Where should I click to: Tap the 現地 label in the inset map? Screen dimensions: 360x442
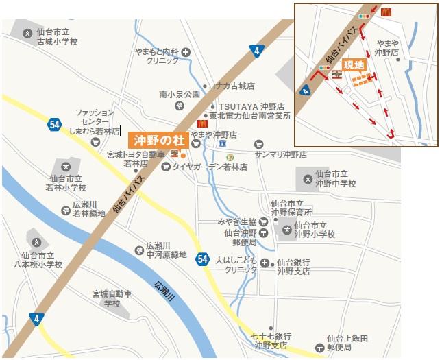pyautogui.click(x=354, y=65)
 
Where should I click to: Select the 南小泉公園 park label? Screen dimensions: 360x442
pyautogui.click(x=180, y=94)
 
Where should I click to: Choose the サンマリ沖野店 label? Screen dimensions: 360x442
pyautogui.click(x=281, y=154)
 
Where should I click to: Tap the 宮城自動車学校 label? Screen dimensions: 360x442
pyautogui.click(x=112, y=298)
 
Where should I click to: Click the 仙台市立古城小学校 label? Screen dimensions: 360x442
pyautogui.click(x=58, y=37)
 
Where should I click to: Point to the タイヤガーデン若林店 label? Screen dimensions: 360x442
pyautogui.click(x=208, y=166)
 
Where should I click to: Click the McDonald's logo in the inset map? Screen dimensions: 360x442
pyautogui.click(x=386, y=12)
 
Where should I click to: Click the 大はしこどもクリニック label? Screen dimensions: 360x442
pyautogui.click(x=236, y=265)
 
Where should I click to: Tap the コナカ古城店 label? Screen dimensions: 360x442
pyautogui.click(x=231, y=86)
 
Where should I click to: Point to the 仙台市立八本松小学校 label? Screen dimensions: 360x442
pyautogui.click(x=40, y=259)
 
